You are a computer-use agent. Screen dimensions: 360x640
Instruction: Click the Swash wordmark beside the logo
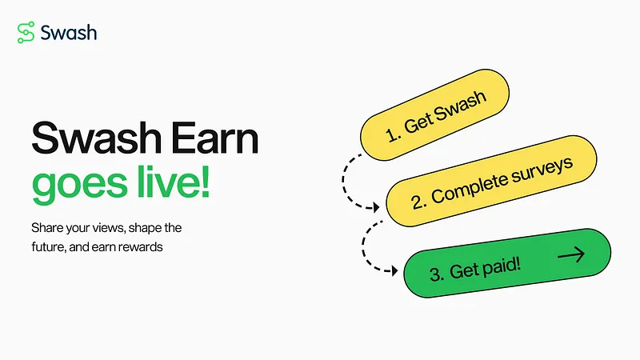tap(70, 33)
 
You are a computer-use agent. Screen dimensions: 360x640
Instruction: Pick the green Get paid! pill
tap(507, 264)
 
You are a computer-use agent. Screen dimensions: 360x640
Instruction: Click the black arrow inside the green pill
tap(571, 256)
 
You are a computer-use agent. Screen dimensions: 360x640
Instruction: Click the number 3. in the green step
tap(437, 274)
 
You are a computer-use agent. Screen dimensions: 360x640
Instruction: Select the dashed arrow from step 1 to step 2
tap(352, 181)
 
